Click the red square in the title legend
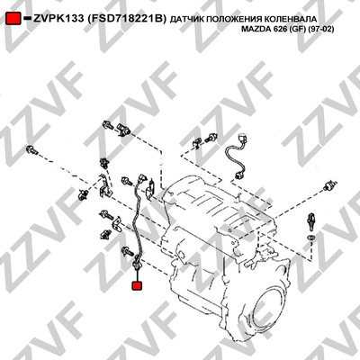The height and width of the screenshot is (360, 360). [13, 19]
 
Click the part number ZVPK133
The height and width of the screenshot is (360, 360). [58, 19]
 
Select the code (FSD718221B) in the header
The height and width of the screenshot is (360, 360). [126, 19]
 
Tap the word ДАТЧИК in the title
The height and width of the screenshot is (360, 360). [184, 20]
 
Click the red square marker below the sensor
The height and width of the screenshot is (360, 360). [137, 285]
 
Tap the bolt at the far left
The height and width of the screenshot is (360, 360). [31, 150]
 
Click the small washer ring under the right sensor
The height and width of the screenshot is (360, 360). [311, 238]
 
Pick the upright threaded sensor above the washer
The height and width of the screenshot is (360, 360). [310, 222]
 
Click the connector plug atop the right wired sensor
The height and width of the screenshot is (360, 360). [242, 139]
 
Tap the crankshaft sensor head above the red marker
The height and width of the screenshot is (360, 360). [137, 262]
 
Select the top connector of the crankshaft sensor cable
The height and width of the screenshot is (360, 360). [141, 178]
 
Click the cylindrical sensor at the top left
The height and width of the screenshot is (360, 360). [123, 129]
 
